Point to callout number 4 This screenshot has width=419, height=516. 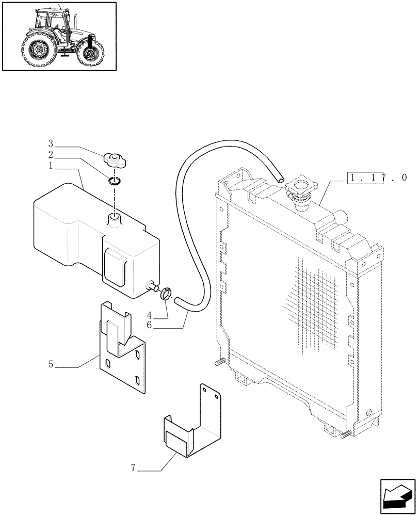tap(149, 315)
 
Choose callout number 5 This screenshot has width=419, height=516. tap(51, 365)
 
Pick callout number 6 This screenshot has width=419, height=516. tap(149, 325)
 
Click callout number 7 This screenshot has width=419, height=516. tap(133, 468)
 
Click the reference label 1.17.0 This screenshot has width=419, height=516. tap(377, 178)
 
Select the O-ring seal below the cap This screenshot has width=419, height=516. tap(115, 180)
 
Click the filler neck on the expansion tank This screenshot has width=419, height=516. tap(114, 219)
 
